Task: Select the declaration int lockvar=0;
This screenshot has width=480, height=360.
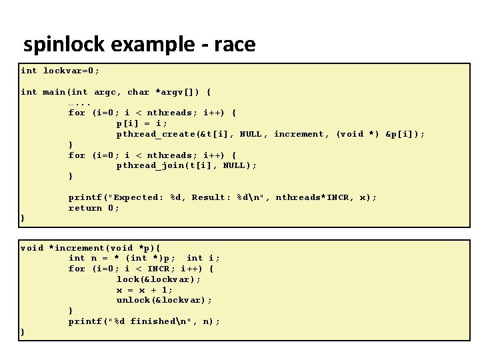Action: tap(60, 71)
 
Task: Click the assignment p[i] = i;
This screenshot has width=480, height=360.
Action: tap(142, 123)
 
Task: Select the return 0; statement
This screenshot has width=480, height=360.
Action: tap(94, 208)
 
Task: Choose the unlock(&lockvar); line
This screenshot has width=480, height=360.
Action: tap(164, 300)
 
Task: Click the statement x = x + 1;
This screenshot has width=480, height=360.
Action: tap(145, 290)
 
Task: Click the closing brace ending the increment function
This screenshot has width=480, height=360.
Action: tap(23, 331)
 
